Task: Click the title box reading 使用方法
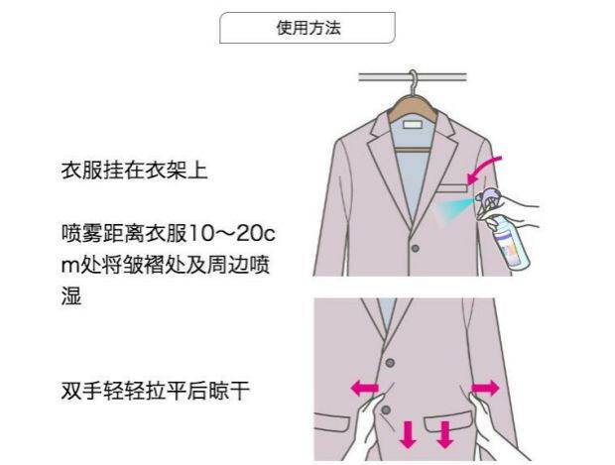307,28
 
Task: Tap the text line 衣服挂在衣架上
133,171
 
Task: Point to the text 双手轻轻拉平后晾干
154,390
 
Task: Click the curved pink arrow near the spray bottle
488,169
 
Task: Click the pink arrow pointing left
365,388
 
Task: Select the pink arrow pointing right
485,386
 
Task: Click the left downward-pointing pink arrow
408,433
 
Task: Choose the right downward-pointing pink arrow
444,433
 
